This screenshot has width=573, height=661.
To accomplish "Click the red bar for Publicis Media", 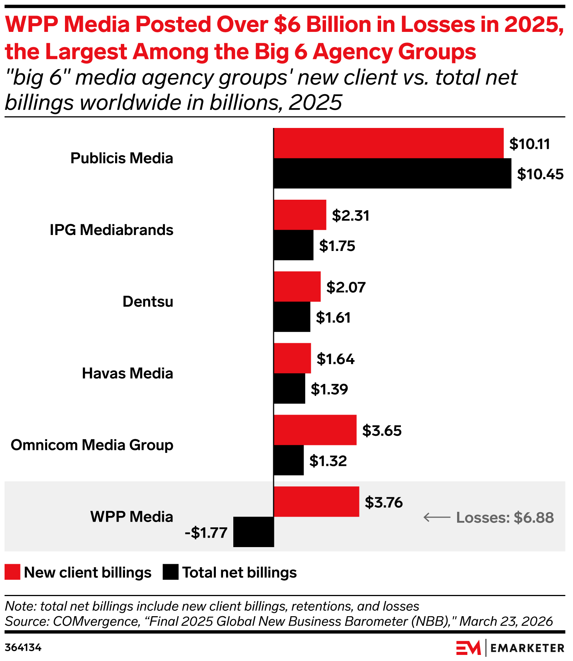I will click(388, 143).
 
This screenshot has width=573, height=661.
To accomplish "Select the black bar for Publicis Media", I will click(392, 174).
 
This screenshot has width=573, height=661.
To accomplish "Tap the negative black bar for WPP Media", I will click(253, 532).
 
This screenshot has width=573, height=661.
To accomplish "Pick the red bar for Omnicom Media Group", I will click(315, 430).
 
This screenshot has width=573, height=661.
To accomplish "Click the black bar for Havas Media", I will click(289, 388).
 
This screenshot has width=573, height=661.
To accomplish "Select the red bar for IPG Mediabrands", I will click(300, 215).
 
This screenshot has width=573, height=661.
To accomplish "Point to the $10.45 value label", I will click(540, 174).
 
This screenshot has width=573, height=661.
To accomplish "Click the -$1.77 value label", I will click(206, 533).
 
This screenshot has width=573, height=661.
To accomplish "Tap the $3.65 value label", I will click(381, 431).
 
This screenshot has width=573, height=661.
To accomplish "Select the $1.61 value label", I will click(333, 317).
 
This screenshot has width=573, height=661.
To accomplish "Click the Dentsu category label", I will click(147, 301).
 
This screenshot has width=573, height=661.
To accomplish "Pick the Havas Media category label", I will click(127, 373).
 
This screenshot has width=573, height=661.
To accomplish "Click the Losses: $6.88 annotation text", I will click(505, 517).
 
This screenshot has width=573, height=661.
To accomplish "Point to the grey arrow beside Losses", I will click(437, 517).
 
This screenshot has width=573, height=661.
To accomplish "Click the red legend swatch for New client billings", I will click(12, 572).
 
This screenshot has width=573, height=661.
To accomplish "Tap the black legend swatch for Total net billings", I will click(170, 572).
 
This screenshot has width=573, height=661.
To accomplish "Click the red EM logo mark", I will click(468, 648).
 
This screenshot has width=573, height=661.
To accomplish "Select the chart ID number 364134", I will click(23, 647).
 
